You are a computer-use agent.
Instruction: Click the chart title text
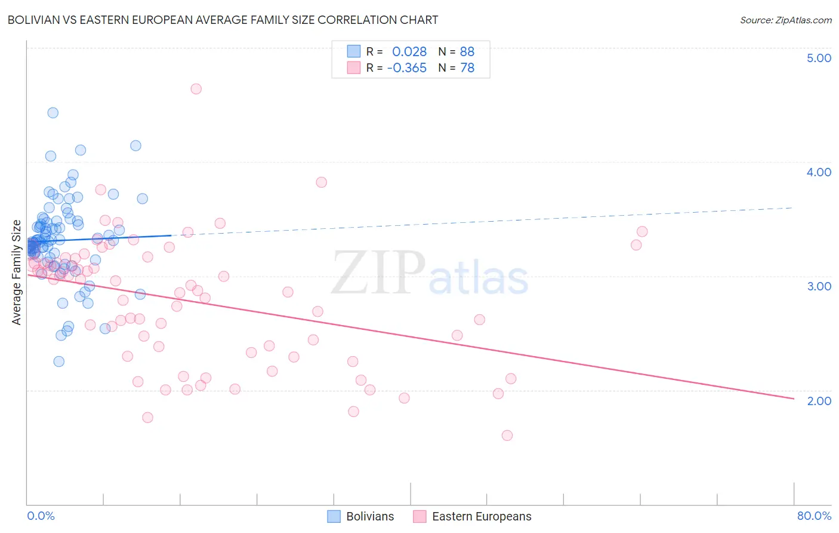pyautogui.click(x=223, y=20)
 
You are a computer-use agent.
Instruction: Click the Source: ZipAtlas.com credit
pyautogui.click(x=785, y=20)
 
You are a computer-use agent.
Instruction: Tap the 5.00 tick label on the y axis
pyautogui.click(x=819, y=58)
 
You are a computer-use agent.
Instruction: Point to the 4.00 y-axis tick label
pyautogui.click(x=819, y=172)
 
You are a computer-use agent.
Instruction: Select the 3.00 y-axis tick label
pyautogui.click(x=819, y=286)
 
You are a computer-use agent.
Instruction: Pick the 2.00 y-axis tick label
pyautogui.click(x=819, y=401)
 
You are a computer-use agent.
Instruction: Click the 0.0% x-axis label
pyautogui.click(x=41, y=516)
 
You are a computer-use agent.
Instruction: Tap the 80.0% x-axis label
pyautogui.click(x=814, y=516)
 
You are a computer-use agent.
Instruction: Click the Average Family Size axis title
pyautogui.click(x=17, y=272)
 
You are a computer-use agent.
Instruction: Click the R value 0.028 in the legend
pyautogui.click(x=409, y=52)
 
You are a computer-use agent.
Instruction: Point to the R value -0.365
pyautogui.click(x=407, y=68)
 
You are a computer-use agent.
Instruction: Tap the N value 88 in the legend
pyautogui.click(x=467, y=52)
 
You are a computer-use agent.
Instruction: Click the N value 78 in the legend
pyautogui.click(x=467, y=68)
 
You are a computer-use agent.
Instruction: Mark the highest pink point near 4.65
pyautogui.click(x=196, y=89)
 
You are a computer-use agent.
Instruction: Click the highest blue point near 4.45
pyautogui.click(x=53, y=112)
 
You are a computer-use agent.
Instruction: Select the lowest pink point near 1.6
pyautogui.click(x=507, y=436)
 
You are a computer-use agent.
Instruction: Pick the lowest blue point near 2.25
pyautogui.click(x=58, y=362)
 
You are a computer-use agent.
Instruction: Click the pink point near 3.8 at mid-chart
pyautogui.click(x=322, y=182)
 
